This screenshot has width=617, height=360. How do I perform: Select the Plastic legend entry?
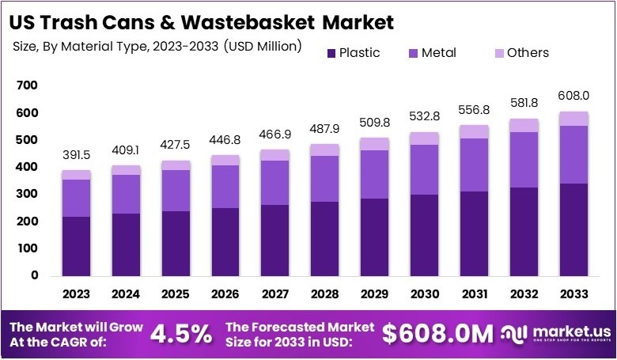coord(353,53)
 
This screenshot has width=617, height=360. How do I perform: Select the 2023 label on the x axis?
coord(77,294)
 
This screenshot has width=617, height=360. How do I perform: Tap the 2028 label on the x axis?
coord(325,294)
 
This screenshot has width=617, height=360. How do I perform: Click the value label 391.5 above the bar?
coord(77,157)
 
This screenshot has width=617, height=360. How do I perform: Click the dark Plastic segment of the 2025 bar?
coord(176,243)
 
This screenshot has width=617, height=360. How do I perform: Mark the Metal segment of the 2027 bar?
coord(275,182)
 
